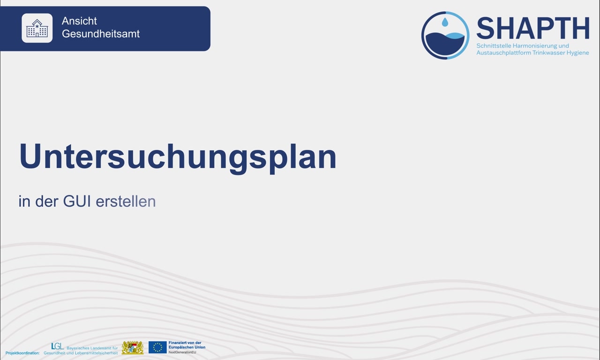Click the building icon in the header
pos(37,28)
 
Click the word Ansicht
pos(79,21)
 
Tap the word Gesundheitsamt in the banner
pos(101,34)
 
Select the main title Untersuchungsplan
pos(178,157)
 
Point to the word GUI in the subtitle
pos(77,202)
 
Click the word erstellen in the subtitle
pos(126,202)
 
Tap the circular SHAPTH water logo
pos(445,36)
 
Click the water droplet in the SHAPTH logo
pos(445,22)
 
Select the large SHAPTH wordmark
pos(532,29)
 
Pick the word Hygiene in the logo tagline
pos(577,53)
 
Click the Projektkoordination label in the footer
pos(22,353)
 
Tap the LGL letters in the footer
pos(57,346)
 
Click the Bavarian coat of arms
pos(133,348)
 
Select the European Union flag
pos(157,347)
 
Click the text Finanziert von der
pos(185,343)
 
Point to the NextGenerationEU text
pos(182,352)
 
